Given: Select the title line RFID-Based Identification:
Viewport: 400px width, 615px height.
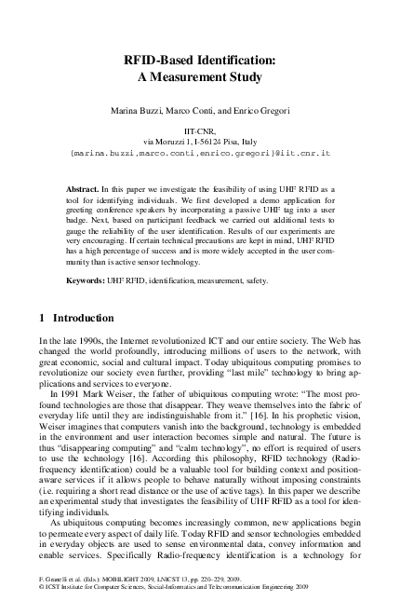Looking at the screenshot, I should point(200,61).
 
